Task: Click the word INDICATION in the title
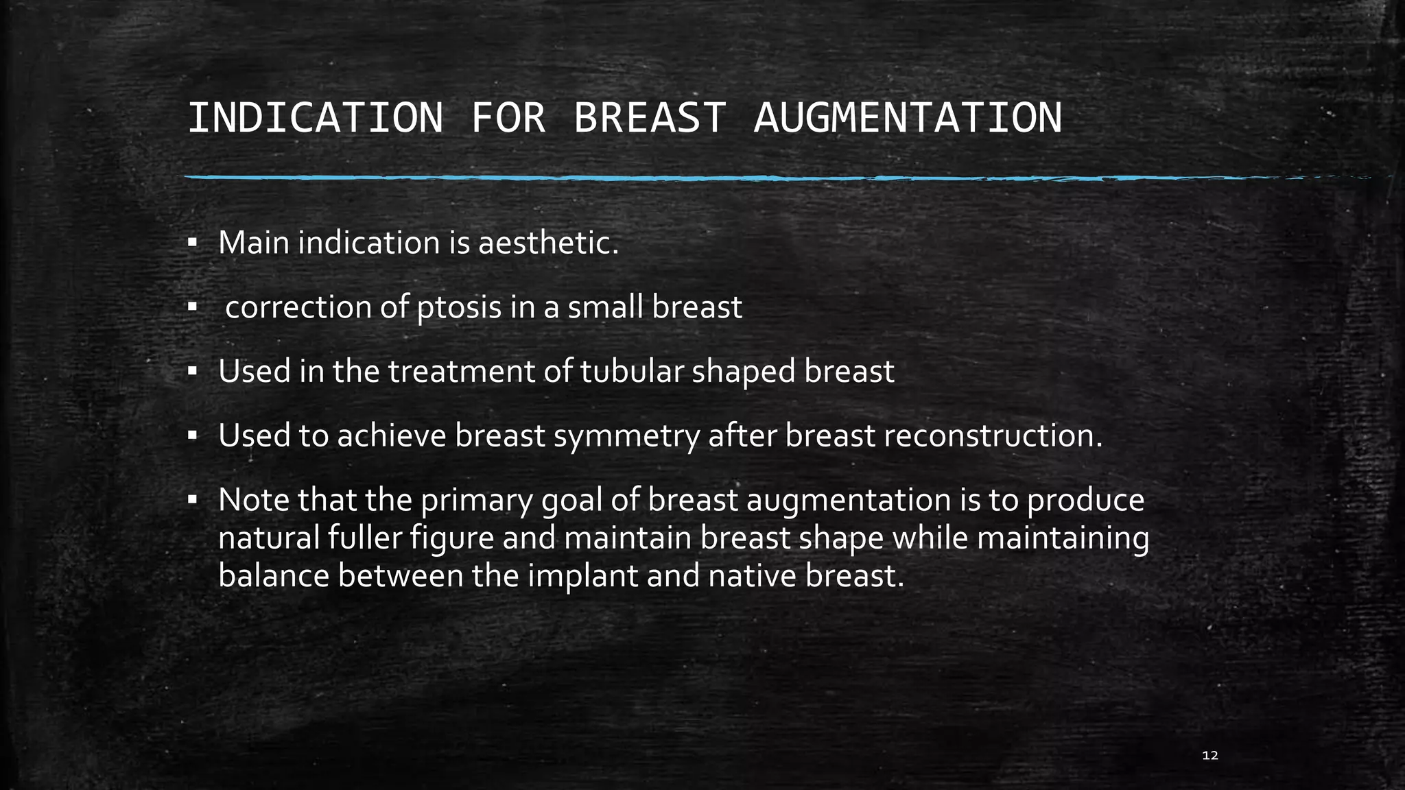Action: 315,118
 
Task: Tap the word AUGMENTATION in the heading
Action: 908,118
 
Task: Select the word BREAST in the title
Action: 649,118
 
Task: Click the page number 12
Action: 1210,756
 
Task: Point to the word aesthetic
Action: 548,243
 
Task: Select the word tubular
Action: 632,371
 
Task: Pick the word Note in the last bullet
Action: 253,500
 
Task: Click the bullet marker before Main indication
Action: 192,243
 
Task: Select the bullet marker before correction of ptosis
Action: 192,307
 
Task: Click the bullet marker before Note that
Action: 192,501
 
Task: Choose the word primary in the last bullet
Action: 476,501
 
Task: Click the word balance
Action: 274,575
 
